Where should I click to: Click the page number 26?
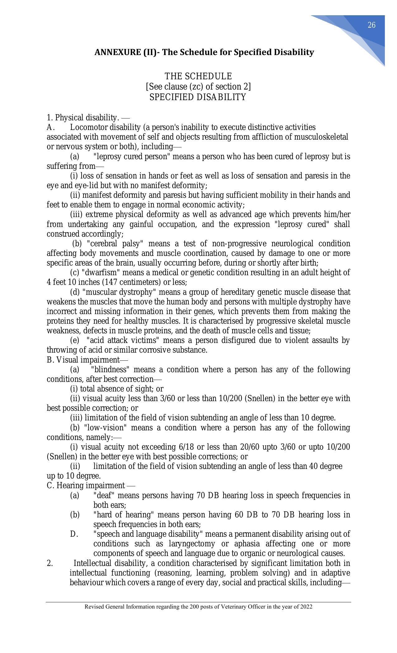click(371, 25)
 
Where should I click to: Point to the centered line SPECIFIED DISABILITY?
click(198, 97)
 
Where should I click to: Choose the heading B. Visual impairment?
click(87, 360)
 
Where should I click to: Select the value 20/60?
click(249, 447)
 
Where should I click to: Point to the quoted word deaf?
click(104, 495)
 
